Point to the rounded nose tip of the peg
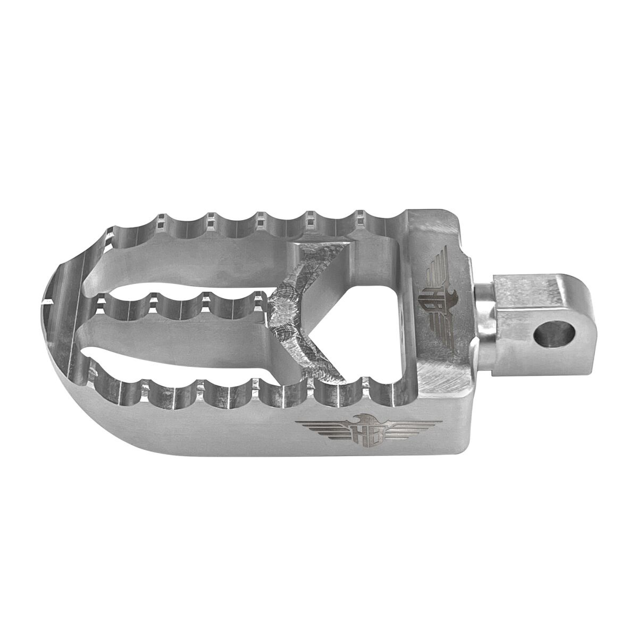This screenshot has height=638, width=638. point(53,340)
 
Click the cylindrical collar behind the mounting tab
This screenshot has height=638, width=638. point(484,314)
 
